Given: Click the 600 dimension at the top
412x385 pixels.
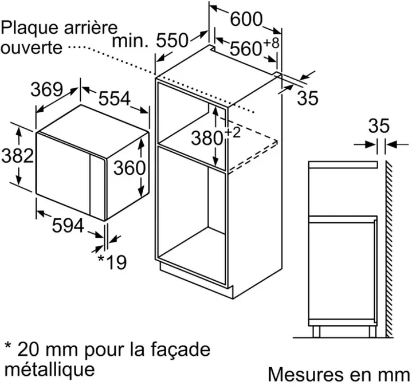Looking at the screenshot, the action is (x=246, y=19).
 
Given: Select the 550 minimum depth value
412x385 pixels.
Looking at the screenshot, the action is (x=172, y=41).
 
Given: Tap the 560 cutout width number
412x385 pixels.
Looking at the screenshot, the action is (x=246, y=49).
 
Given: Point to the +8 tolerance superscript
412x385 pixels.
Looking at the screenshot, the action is (x=271, y=43).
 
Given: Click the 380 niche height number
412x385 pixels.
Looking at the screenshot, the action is (x=207, y=138).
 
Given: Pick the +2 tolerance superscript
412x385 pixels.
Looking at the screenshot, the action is (x=232, y=132).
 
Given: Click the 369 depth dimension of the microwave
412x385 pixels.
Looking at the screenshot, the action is (x=47, y=89).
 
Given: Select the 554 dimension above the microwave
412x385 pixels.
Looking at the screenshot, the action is (x=115, y=99).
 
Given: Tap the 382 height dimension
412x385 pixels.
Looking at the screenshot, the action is (x=18, y=155).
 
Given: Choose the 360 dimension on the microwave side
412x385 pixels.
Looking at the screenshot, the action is (x=130, y=168).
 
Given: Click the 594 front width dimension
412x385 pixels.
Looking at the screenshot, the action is (x=68, y=225).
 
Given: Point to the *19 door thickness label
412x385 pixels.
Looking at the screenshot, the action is (x=112, y=262).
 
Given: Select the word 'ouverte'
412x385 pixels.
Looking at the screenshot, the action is (x=32, y=48).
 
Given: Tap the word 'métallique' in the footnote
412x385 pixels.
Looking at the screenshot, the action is (x=50, y=370).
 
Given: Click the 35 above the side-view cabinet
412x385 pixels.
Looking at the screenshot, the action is (x=379, y=126).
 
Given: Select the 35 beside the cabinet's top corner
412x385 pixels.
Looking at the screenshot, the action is (x=308, y=98).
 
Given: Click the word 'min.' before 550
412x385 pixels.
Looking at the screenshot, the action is (x=130, y=41).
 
